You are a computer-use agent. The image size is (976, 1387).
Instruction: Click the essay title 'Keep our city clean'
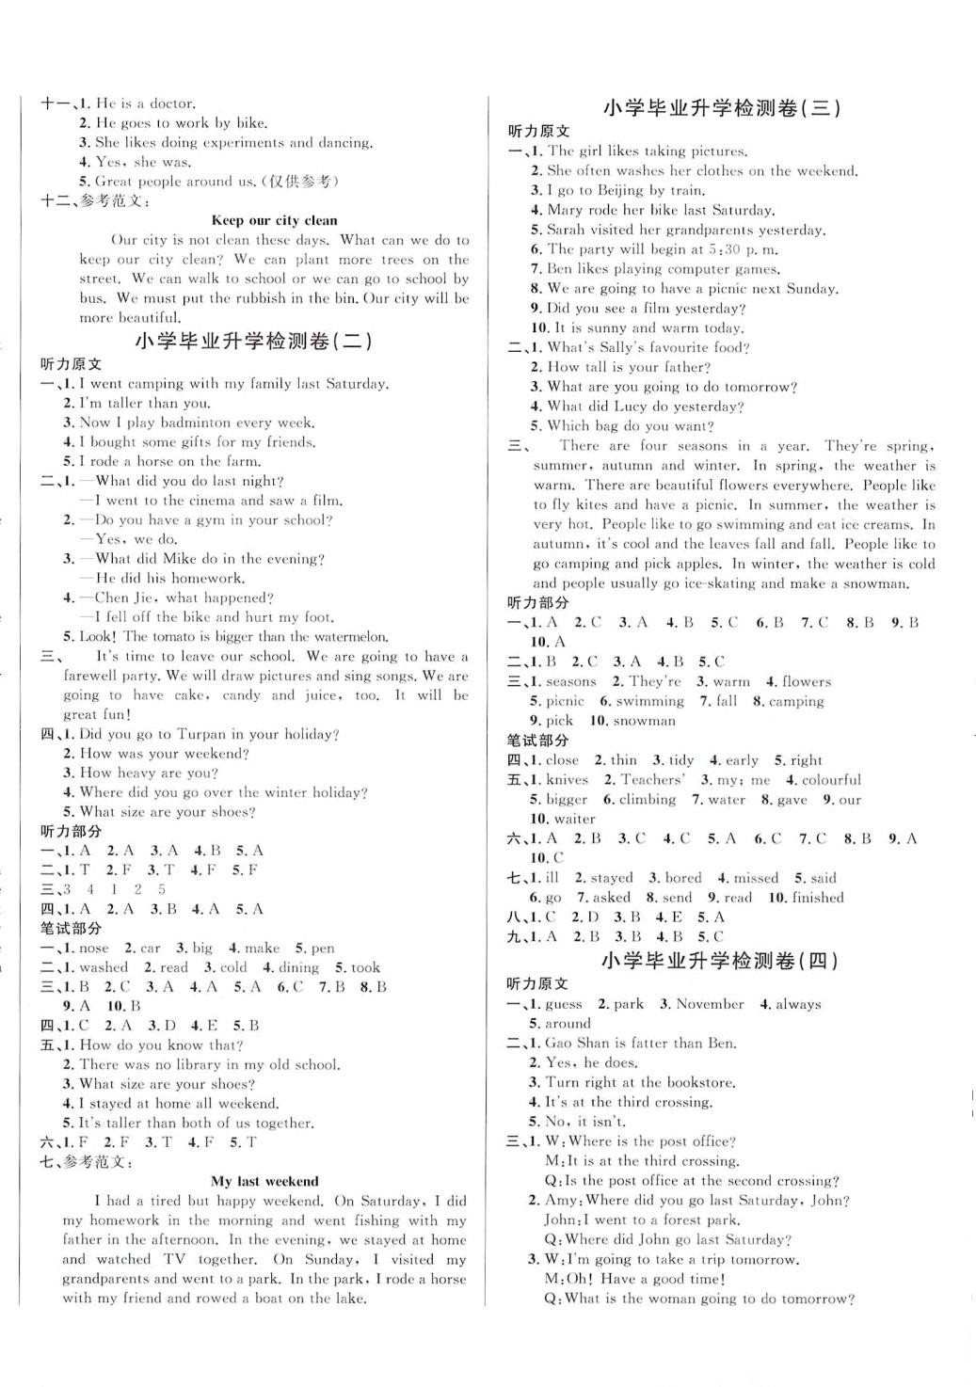pyautogui.click(x=274, y=220)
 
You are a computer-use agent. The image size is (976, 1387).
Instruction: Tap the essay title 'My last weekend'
pyautogui.click(x=264, y=1181)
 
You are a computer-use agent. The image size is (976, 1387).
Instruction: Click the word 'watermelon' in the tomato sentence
pyautogui.click(x=354, y=637)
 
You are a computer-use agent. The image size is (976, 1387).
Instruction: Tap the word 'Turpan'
pyautogui.click(x=199, y=734)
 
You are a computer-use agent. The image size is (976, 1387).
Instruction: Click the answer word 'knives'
pyautogui.click(x=567, y=779)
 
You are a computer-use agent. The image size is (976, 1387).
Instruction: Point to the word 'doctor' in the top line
pyautogui.click(x=170, y=104)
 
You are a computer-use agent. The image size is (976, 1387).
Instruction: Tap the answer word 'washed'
pyautogui.click(x=104, y=967)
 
